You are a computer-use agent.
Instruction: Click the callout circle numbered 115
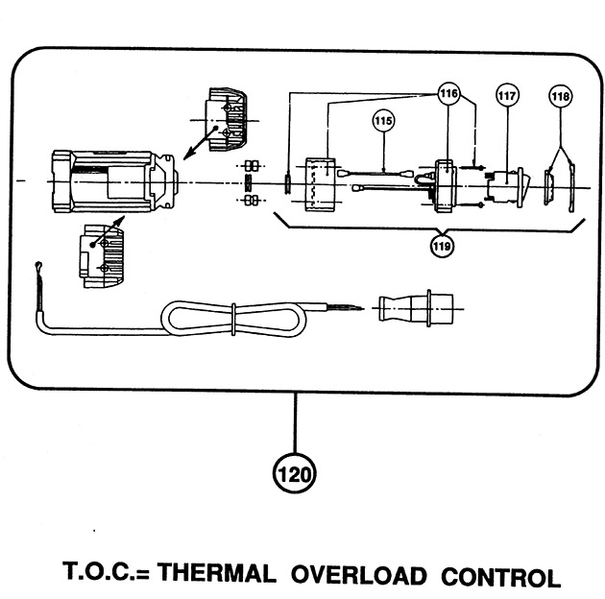(383, 121)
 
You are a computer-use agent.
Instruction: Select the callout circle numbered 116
(449, 93)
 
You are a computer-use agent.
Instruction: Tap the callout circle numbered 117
(507, 95)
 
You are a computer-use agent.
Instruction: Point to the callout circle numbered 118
(560, 96)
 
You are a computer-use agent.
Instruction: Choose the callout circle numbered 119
(442, 246)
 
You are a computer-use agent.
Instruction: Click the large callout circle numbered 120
(294, 474)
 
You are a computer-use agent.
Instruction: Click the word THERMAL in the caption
(216, 572)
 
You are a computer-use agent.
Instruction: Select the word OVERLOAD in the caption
(359, 575)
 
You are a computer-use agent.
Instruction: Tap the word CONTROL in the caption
(501, 577)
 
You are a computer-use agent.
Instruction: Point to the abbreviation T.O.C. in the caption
(100, 571)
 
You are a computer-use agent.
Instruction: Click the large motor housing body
(114, 181)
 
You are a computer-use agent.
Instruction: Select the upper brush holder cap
(227, 119)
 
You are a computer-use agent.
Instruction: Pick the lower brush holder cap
(102, 256)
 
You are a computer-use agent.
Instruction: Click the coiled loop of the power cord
(233, 319)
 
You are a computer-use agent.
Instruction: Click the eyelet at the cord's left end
(38, 266)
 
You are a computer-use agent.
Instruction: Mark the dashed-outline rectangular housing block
(321, 184)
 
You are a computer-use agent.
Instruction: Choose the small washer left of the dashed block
(288, 184)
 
